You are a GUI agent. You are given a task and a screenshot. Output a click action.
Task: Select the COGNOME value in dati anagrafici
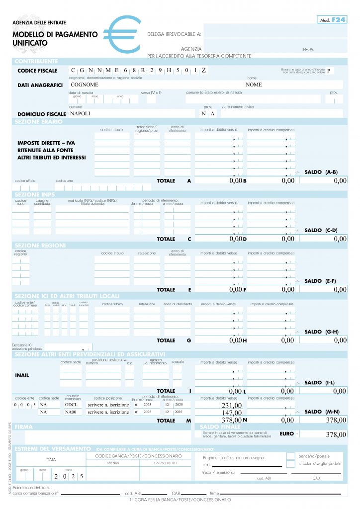tap(85, 85)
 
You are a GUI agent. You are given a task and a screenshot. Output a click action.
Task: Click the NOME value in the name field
tap(253, 85)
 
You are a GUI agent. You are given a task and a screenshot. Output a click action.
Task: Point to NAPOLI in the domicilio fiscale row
tap(81, 113)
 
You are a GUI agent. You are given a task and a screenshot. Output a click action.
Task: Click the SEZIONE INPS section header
tap(35, 194)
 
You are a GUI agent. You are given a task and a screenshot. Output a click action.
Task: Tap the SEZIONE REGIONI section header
tap(40, 246)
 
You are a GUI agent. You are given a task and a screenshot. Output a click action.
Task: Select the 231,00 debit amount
tap(231, 406)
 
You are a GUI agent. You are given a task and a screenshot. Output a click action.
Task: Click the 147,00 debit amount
tap(231, 413)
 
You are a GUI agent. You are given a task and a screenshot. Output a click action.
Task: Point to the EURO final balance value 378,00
tap(335, 435)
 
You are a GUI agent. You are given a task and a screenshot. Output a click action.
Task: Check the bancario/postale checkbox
tap(291, 456)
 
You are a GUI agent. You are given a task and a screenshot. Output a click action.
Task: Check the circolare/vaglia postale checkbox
tap(291, 464)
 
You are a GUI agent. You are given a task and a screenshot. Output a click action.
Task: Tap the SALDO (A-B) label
tap(321, 172)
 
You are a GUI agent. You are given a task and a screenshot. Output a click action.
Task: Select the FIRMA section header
tap(24, 427)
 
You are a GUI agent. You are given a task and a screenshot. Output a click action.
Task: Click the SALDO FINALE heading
tap(220, 427)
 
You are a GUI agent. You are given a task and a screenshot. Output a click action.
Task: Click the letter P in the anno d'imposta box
tap(328, 71)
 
